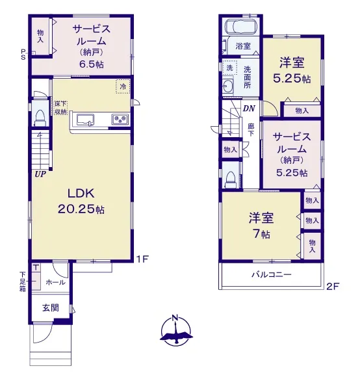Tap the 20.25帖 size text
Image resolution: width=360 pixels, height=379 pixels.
(x=81, y=209)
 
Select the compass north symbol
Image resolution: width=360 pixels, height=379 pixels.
(x=176, y=330)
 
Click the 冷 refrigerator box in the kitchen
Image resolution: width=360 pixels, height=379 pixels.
(x=123, y=86)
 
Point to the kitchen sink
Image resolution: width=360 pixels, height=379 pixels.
(x=85, y=120)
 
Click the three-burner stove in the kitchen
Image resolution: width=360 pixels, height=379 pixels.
(x=120, y=119)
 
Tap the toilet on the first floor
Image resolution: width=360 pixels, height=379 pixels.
(x=40, y=118)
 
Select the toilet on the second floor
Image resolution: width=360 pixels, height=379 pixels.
(x=230, y=179)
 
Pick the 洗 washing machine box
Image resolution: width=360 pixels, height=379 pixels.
(x=229, y=68)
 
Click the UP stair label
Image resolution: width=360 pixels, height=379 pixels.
(x=40, y=174)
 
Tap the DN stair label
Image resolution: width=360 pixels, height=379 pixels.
(x=249, y=109)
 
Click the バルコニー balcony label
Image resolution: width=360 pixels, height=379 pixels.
(x=272, y=274)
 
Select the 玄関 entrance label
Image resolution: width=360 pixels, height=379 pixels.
(x=51, y=307)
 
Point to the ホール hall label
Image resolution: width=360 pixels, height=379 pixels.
(x=55, y=282)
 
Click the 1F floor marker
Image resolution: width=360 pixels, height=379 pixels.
(x=142, y=259)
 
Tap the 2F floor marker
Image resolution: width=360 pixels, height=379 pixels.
(x=333, y=287)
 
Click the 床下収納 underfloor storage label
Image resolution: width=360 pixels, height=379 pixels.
(x=60, y=108)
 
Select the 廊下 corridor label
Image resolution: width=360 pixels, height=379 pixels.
(x=251, y=130)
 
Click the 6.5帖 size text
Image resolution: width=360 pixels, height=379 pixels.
(x=92, y=64)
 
